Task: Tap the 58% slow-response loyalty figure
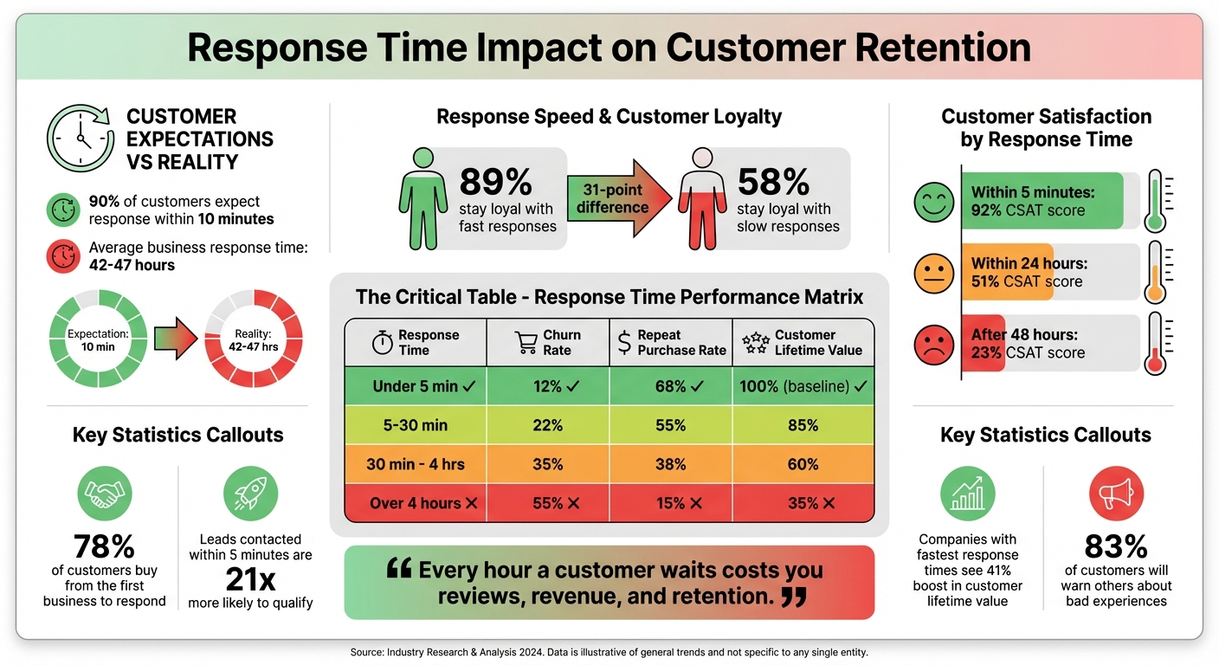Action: point(773,183)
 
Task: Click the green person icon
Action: point(422,199)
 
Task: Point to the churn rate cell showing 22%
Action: point(547,425)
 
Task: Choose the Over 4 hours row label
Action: point(415,503)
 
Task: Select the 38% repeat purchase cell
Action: point(671,464)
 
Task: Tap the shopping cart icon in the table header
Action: point(526,343)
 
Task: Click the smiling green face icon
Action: point(933,201)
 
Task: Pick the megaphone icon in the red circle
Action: point(1115,494)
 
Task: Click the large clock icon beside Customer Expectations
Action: point(81,139)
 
